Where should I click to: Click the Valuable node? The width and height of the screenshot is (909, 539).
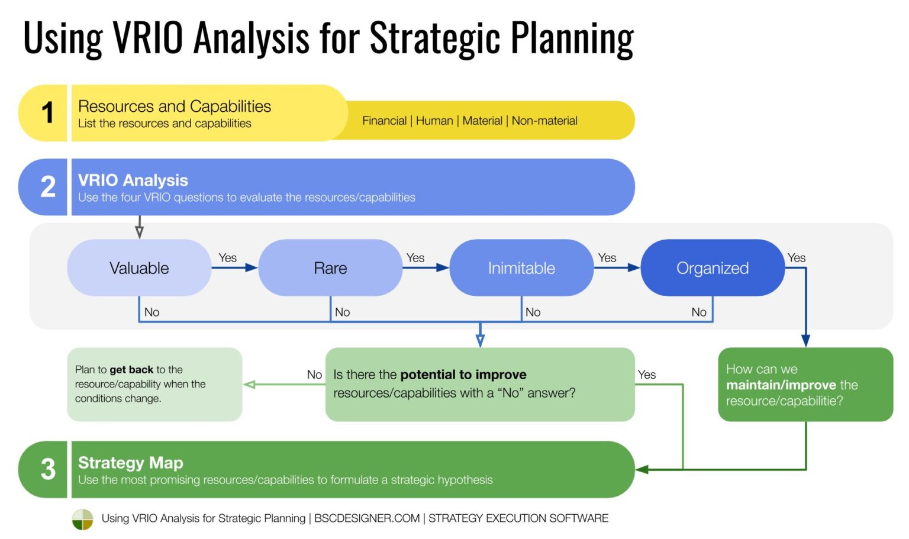point(139,268)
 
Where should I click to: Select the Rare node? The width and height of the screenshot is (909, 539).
point(330,268)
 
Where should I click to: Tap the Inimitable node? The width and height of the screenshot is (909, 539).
point(521,268)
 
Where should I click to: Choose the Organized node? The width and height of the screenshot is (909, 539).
point(713,268)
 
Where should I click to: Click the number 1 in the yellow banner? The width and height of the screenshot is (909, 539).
point(48,113)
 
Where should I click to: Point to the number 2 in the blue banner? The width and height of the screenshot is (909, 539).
point(48,187)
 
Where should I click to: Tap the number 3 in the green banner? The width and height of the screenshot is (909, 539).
point(48,470)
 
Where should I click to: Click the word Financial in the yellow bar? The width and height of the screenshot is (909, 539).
point(384,121)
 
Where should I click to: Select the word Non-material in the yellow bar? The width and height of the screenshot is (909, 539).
point(544,121)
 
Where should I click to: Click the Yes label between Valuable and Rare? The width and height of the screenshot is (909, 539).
point(227,258)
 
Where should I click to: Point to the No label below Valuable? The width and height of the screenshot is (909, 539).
point(151,312)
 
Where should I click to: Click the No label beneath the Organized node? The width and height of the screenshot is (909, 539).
point(699,312)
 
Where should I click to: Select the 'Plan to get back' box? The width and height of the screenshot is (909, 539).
point(154,385)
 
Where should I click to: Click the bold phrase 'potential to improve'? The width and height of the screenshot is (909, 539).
point(463,375)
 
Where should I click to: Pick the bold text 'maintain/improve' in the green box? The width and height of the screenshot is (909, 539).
point(781,385)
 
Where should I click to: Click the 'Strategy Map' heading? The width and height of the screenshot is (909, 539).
point(130,463)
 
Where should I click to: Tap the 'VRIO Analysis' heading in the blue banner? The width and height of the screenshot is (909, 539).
point(133,180)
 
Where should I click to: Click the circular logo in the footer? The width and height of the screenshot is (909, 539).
point(82,519)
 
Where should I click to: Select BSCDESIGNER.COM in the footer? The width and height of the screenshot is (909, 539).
point(367,518)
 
